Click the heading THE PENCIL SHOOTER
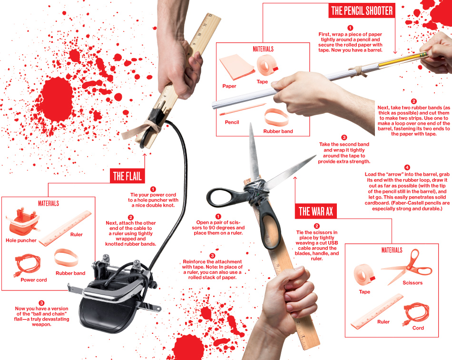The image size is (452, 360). coord(362,10)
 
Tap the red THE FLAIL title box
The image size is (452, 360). coord(127,176)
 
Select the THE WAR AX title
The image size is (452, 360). coord(315,211)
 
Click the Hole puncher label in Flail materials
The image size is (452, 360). coord(21,240)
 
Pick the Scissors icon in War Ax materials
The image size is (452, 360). coord(407,267)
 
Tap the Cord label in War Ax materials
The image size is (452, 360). coord(418,328)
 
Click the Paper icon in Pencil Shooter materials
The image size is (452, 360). coord(237,67)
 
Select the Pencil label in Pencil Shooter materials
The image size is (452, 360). coord(232,122)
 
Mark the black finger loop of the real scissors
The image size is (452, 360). coord(224,198)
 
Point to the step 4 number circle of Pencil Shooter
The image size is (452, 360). coord(407,168)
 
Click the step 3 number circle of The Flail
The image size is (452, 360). coord(41,303)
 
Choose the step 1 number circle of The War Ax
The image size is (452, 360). coord(218,216)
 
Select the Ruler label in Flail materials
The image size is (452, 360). coord(77,234)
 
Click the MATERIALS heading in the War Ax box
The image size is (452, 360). coord(392,250)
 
